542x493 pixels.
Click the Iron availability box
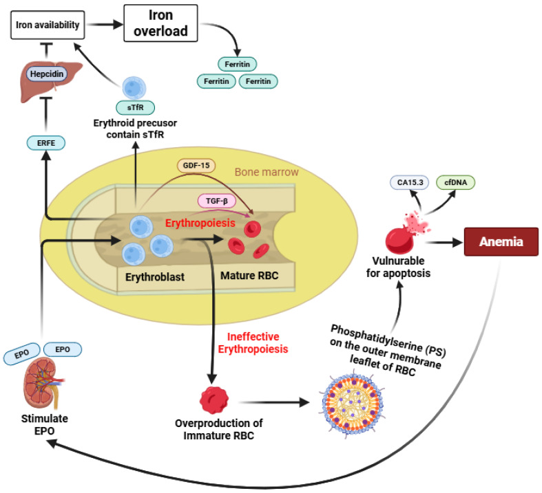pos(48,25)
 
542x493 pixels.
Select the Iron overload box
pos(160,23)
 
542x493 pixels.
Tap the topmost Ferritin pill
pos(237,64)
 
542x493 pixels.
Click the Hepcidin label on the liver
pos(47,74)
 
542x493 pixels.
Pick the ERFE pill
pos(46,143)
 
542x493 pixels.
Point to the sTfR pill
pos(135,107)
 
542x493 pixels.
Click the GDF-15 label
pos(196,166)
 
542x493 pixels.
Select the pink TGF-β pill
pos(217,201)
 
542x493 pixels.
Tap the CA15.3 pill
pos(410,182)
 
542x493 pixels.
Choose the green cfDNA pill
pos(455,182)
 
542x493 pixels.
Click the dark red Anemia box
pos(501,241)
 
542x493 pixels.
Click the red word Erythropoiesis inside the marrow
pos(200,223)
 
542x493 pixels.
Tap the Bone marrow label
pos(267,172)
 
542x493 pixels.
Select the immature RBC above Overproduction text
pos(214,400)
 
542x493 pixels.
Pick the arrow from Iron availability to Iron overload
pos(105,24)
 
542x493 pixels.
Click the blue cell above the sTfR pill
pos(134,88)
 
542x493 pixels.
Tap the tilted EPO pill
pos(21,354)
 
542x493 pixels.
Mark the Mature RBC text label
pos(249,276)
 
